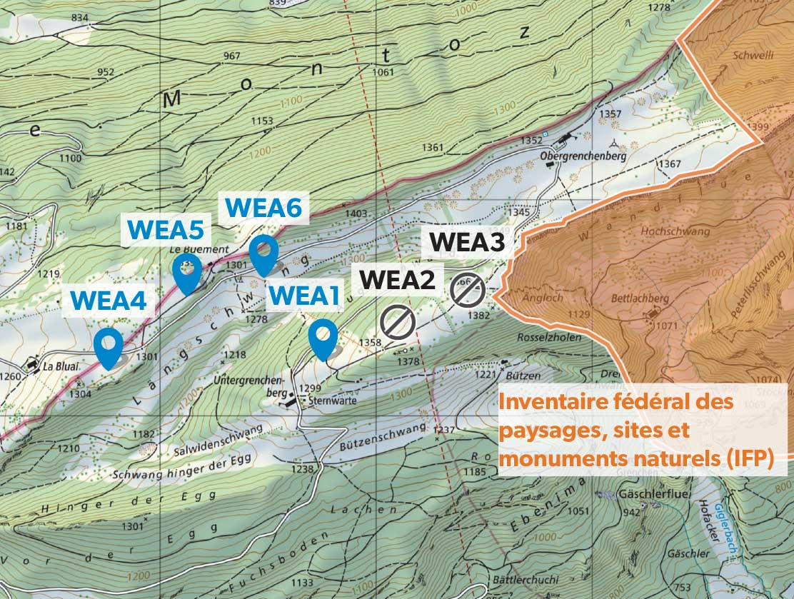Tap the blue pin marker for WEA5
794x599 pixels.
(187, 273)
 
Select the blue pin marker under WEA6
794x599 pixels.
(263, 253)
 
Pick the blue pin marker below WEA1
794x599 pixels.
(323, 338)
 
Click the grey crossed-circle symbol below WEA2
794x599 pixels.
(398, 321)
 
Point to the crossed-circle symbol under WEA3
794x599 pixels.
(468, 289)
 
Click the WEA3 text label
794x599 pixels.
(467, 243)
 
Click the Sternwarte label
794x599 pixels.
(332, 401)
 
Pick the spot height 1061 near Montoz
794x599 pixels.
(383, 72)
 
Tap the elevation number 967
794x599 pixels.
(232, 56)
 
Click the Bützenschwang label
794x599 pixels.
(390, 433)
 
